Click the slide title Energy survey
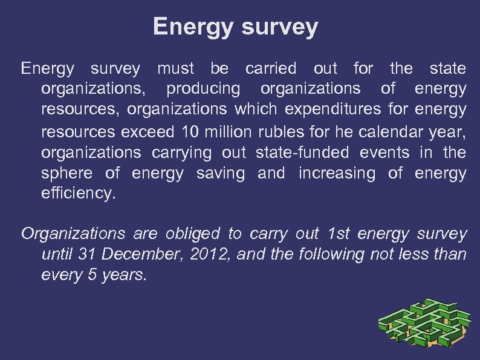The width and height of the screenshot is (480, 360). pos(235,27)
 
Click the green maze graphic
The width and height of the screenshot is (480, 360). pos(424,324)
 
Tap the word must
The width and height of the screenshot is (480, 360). pos(176,68)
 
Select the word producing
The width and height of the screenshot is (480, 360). pos(203,89)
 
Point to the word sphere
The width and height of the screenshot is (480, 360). pos(67,174)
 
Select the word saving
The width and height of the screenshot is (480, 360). pos(221,174)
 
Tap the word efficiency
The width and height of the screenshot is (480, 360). pos(77,195)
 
